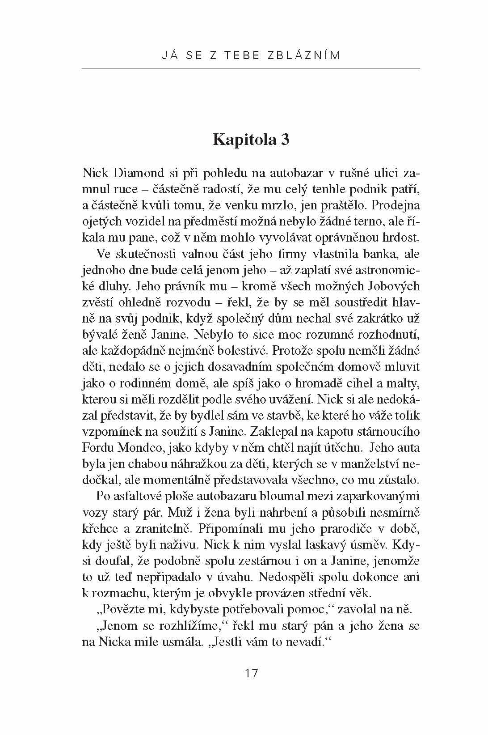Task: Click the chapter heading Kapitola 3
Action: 251,140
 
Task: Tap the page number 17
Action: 252,672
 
